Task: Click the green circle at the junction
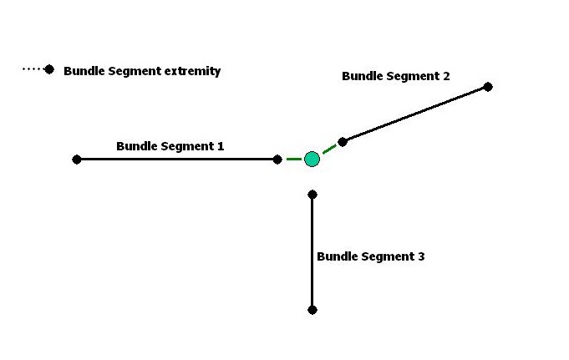click(x=312, y=159)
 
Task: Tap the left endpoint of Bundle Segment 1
click(x=77, y=160)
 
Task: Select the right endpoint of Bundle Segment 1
click(x=277, y=160)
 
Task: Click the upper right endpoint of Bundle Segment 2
click(x=488, y=87)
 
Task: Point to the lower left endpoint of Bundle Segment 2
click(x=343, y=142)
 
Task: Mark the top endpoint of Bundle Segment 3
click(x=312, y=195)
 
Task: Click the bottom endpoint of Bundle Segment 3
click(x=312, y=310)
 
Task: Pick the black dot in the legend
click(x=49, y=69)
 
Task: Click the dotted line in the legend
click(x=33, y=69)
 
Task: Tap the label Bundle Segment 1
click(x=170, y=146)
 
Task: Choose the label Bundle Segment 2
click(x=395, y=76)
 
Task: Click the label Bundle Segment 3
click(x=370, y=256)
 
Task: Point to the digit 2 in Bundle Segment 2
click(x=446, y=76)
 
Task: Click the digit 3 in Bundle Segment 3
click(x=421, y=256)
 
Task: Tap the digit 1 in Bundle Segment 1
click(x=221, y=146)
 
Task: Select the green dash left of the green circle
click(x=294, y=159)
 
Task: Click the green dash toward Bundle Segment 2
click(x=329, y=149)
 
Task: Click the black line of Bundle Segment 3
click(x=312, y=252)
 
